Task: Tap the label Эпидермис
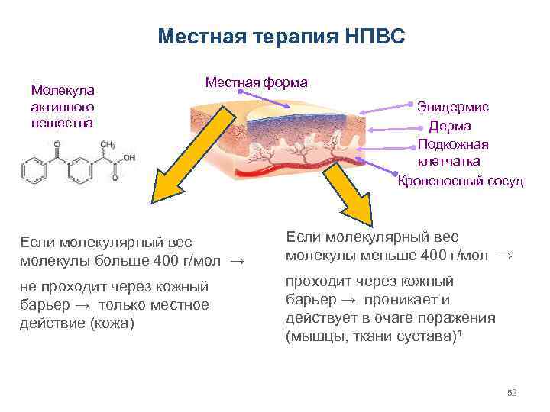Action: (x=453, y=108)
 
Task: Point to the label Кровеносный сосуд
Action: (x=461, y=181)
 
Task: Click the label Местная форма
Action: (x=256, y=82)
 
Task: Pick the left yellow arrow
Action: (x=184, y=161)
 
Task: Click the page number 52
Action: (x=512, y=393)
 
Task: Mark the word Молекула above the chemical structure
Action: (x=63, y=89)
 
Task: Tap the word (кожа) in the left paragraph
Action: (x=112, y=323)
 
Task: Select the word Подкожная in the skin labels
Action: (x=454, y=144)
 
